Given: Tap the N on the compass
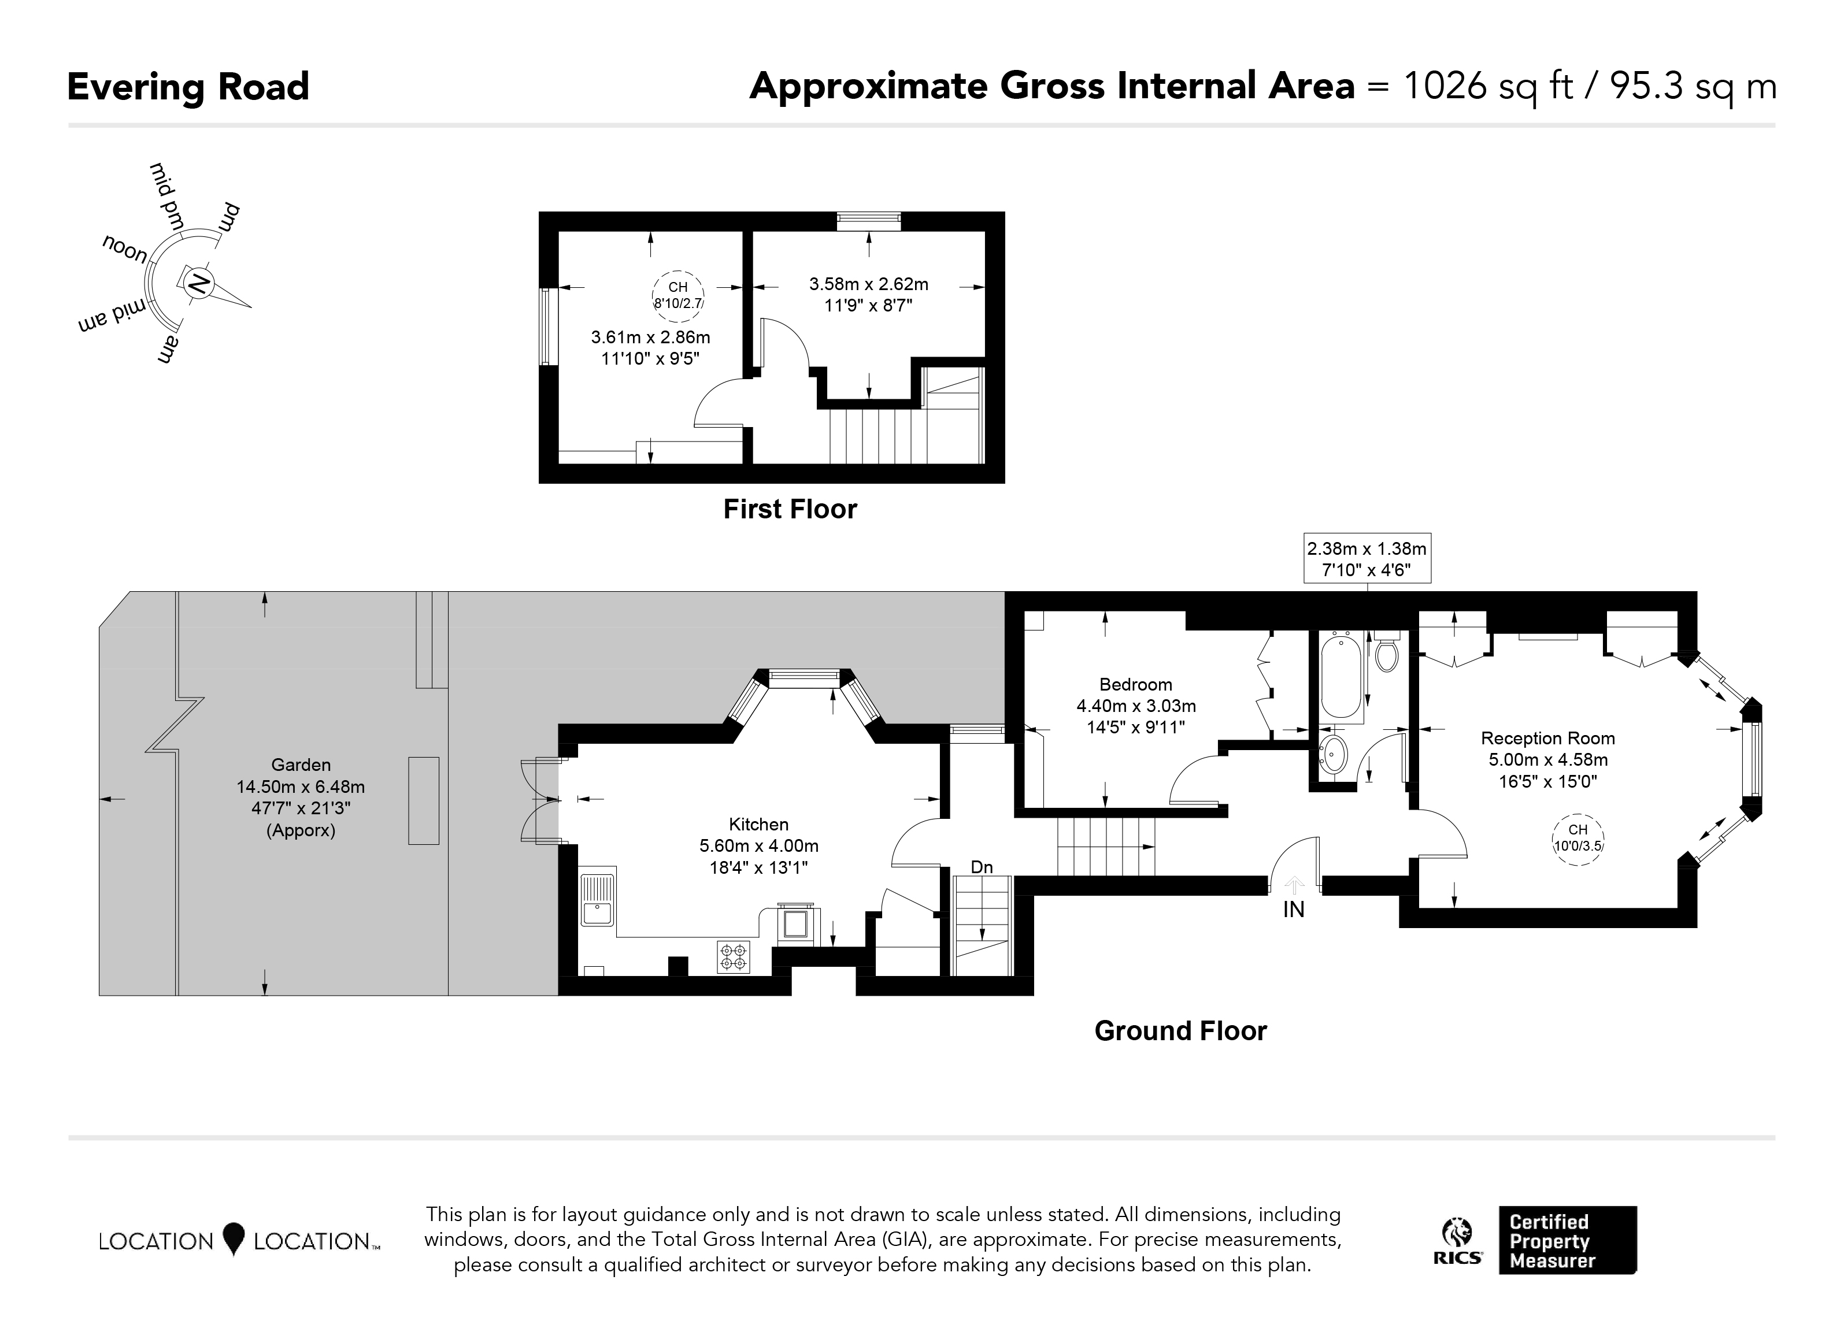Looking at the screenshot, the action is [x=198, y=284].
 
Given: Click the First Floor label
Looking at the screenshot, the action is [x=790, y=509].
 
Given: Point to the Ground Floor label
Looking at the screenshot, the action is [x=1180, y=1031].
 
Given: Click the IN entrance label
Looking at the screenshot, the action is [x=1294, y=910].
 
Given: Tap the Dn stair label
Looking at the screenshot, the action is [x=982, y=867].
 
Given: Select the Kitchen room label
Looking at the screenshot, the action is [x=758, y=824].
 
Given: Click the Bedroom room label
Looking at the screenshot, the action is [x=1136, y=685].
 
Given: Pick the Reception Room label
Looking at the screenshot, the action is [x=1548, y=738].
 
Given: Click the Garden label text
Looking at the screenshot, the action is [x=301, y=765].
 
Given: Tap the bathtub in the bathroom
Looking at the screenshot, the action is [x=1341, y=676].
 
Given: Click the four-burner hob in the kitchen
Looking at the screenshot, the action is [x=734, y=957].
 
